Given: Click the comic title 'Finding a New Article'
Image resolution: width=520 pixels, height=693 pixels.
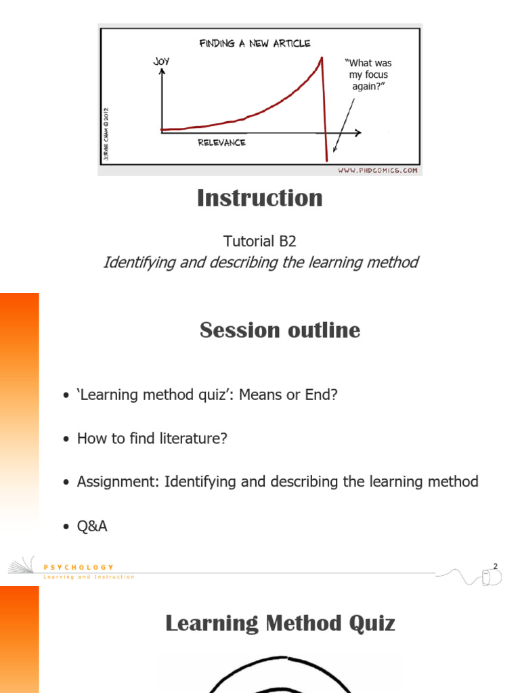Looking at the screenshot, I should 255,43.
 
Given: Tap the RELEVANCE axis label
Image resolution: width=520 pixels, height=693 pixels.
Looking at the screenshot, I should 221,142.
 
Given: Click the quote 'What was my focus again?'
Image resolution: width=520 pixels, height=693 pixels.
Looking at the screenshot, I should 370,74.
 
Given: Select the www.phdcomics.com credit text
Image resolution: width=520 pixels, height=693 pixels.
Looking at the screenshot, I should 378,171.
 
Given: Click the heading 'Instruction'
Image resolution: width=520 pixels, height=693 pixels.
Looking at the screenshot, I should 259,198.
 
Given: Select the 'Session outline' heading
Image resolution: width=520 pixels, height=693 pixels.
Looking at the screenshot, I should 280,330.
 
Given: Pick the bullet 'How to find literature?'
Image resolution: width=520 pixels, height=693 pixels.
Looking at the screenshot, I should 152,439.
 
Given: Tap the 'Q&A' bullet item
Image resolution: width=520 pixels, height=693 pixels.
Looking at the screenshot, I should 92,526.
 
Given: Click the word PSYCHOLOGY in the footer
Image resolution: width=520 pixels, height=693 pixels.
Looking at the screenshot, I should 79,567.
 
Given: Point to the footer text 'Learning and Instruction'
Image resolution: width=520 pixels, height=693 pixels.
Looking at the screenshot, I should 89,577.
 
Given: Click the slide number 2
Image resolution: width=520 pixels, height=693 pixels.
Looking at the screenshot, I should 495,566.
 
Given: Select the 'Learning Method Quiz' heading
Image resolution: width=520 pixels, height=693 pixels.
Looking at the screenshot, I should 280,623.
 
